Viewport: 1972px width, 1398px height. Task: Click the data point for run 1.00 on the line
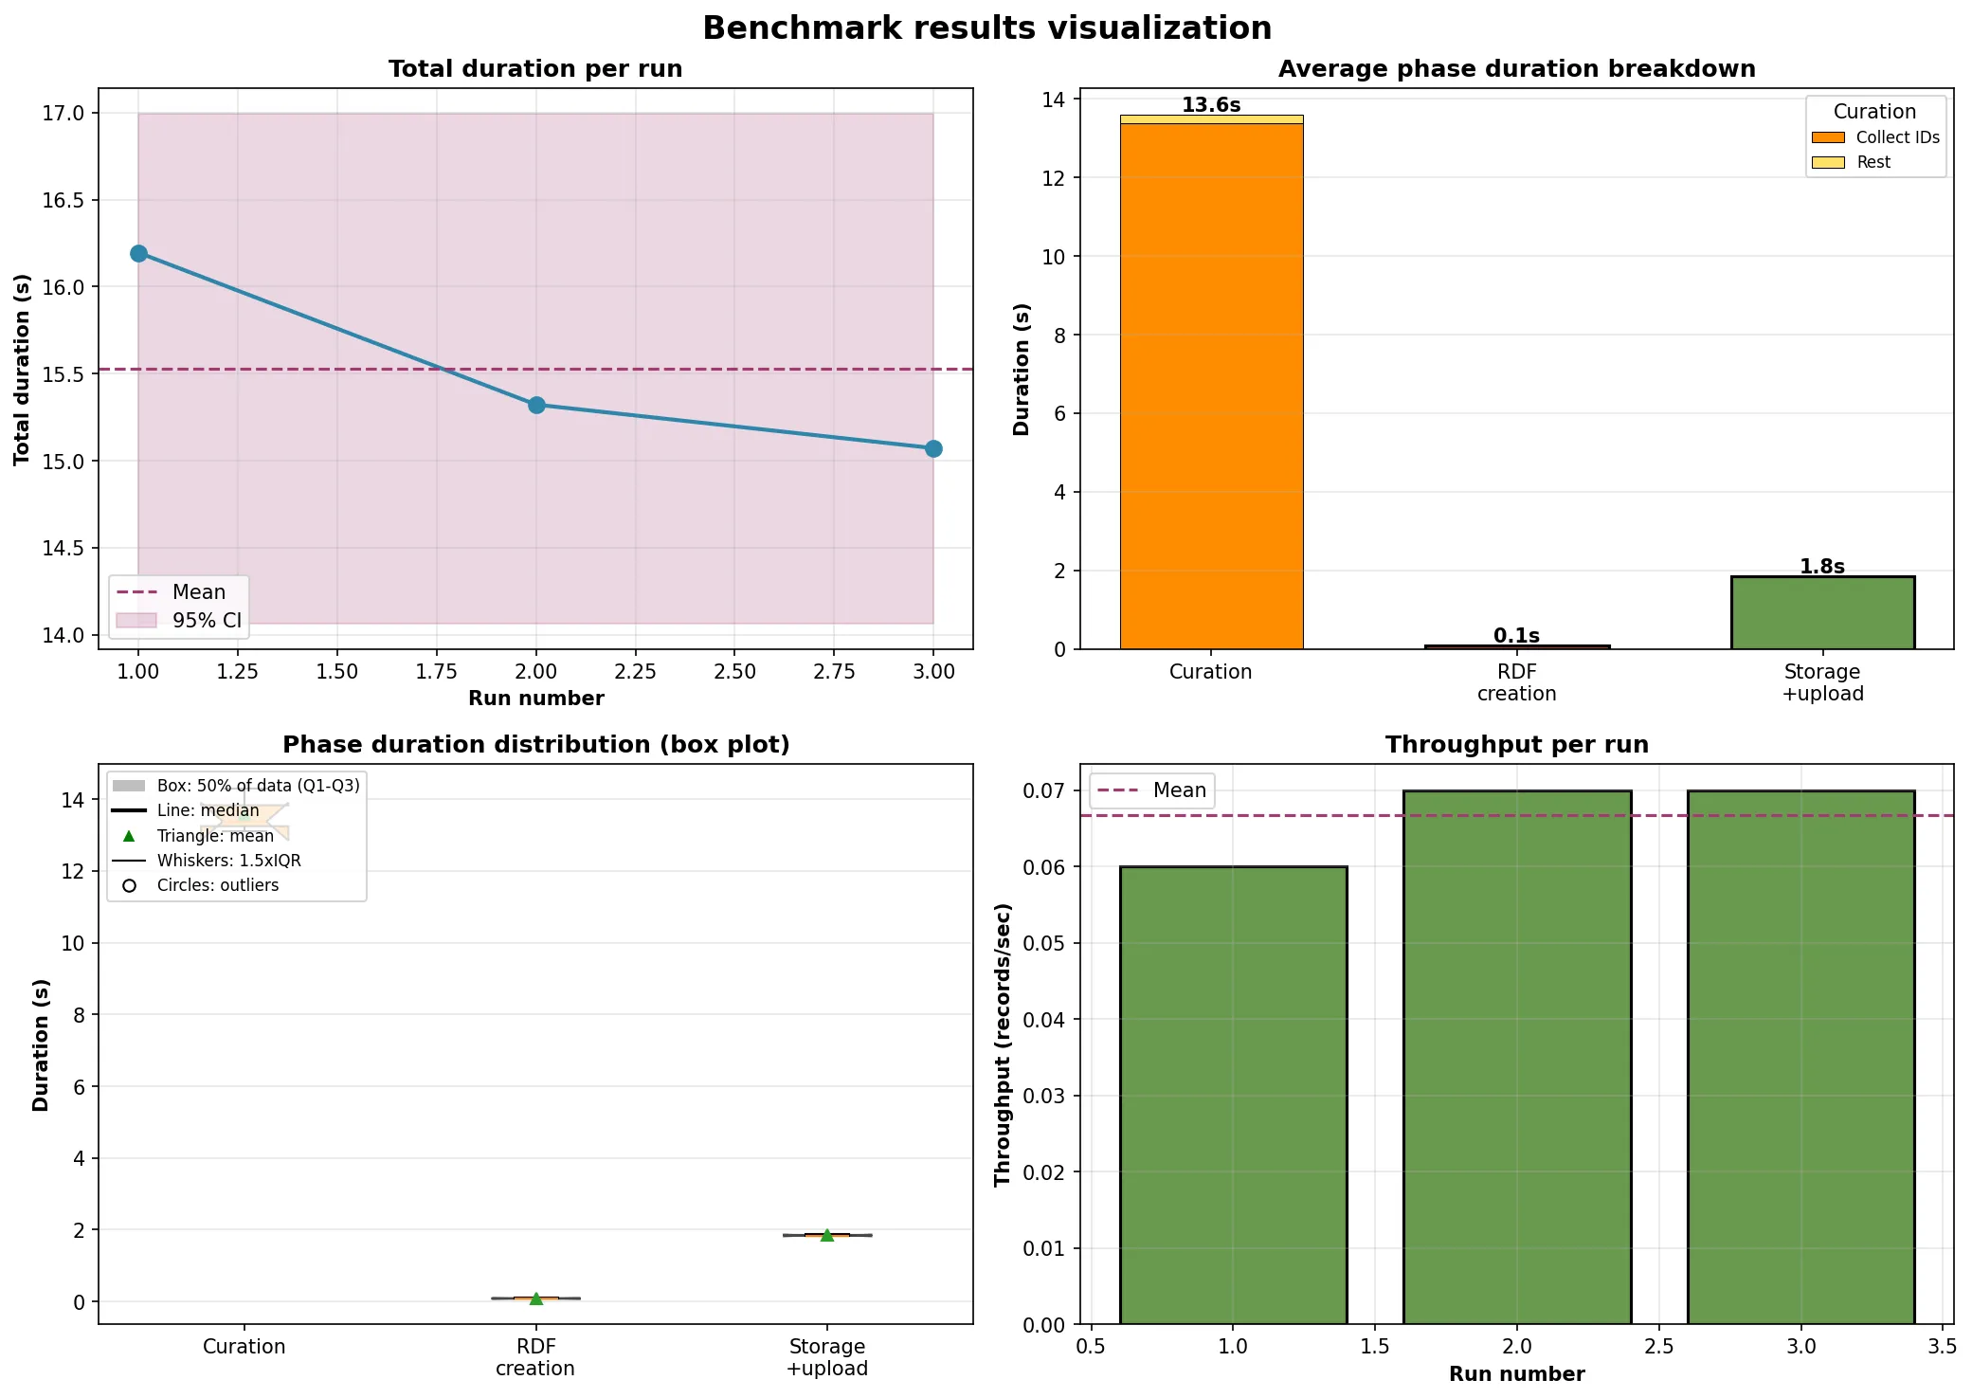(138, 253)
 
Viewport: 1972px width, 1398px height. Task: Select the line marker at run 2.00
(536, 405)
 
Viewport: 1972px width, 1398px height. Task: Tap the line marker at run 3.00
(933, 448)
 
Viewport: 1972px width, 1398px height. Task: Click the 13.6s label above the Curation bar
(1210, 105)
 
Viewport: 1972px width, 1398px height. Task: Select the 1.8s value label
(1821, 566)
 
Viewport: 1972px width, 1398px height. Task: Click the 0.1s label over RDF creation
(1516, 635)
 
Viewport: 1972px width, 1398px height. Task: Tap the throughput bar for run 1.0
(1233, 1095)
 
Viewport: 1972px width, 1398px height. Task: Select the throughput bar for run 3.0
(1800, 1057)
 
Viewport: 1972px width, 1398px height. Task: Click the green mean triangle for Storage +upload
(826, 1235)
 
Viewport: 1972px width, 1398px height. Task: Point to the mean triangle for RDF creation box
(536, 1298)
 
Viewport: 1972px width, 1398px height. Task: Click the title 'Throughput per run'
(1516, 744)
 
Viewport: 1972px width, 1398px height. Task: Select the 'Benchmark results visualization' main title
(986, 28)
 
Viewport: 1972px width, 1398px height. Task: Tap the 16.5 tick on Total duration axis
(63, 200)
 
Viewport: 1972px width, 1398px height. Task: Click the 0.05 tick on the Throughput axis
(1044, 943)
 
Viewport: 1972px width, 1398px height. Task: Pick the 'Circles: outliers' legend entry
(217, 885)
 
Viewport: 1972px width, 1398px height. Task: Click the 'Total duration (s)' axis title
(22, 370)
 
